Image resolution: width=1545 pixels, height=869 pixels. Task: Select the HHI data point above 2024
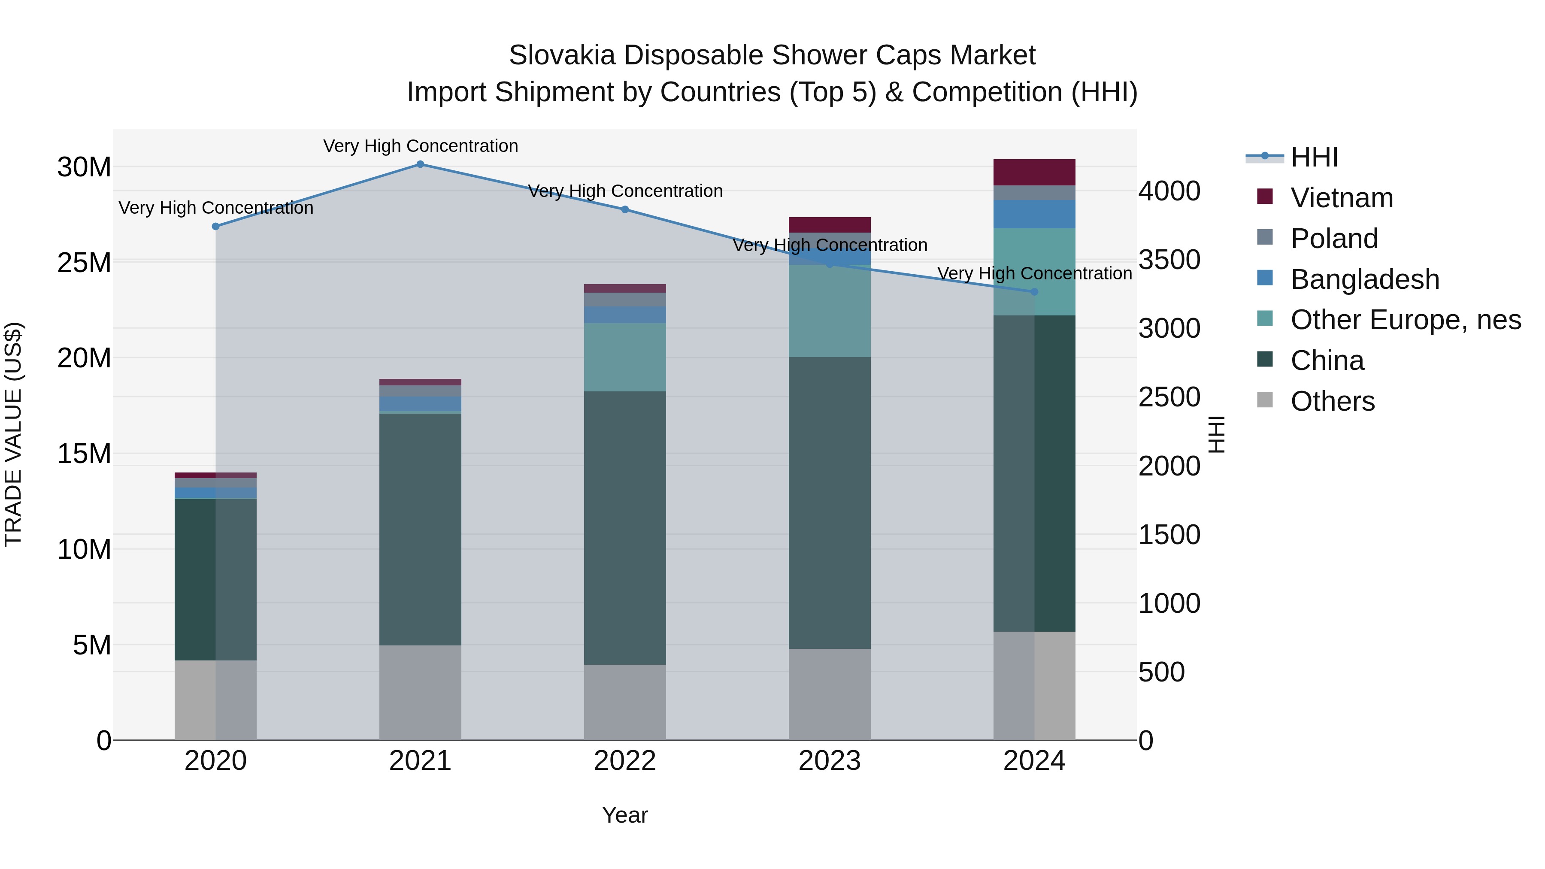coord(1034,292)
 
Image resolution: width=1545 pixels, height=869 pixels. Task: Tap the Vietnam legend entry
coord(1341,198)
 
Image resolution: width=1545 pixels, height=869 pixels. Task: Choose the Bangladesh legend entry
coord(1364,279)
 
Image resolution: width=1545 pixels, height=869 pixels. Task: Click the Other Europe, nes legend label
coord(1405,320)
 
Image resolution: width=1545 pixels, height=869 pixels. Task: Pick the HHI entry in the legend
coord(1314,157)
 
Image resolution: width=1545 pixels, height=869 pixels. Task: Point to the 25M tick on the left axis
coord(84,263)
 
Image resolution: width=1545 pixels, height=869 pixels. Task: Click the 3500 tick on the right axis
coord(1169,260)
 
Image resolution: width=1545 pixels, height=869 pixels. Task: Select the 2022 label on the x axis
coord(624,761)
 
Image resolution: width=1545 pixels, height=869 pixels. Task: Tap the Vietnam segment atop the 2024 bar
coord(1034,172)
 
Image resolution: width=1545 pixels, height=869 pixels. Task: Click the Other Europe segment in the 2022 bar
coord(624,357)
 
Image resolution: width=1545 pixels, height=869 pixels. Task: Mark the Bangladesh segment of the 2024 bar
coord(1034,214)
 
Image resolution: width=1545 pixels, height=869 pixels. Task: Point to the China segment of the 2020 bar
coord(215,579)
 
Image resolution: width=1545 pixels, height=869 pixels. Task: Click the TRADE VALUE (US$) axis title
coord(13,434)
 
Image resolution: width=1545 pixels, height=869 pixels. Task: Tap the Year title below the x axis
coord(624,815)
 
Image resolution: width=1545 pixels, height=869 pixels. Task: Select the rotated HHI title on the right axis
coord(1216,434)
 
